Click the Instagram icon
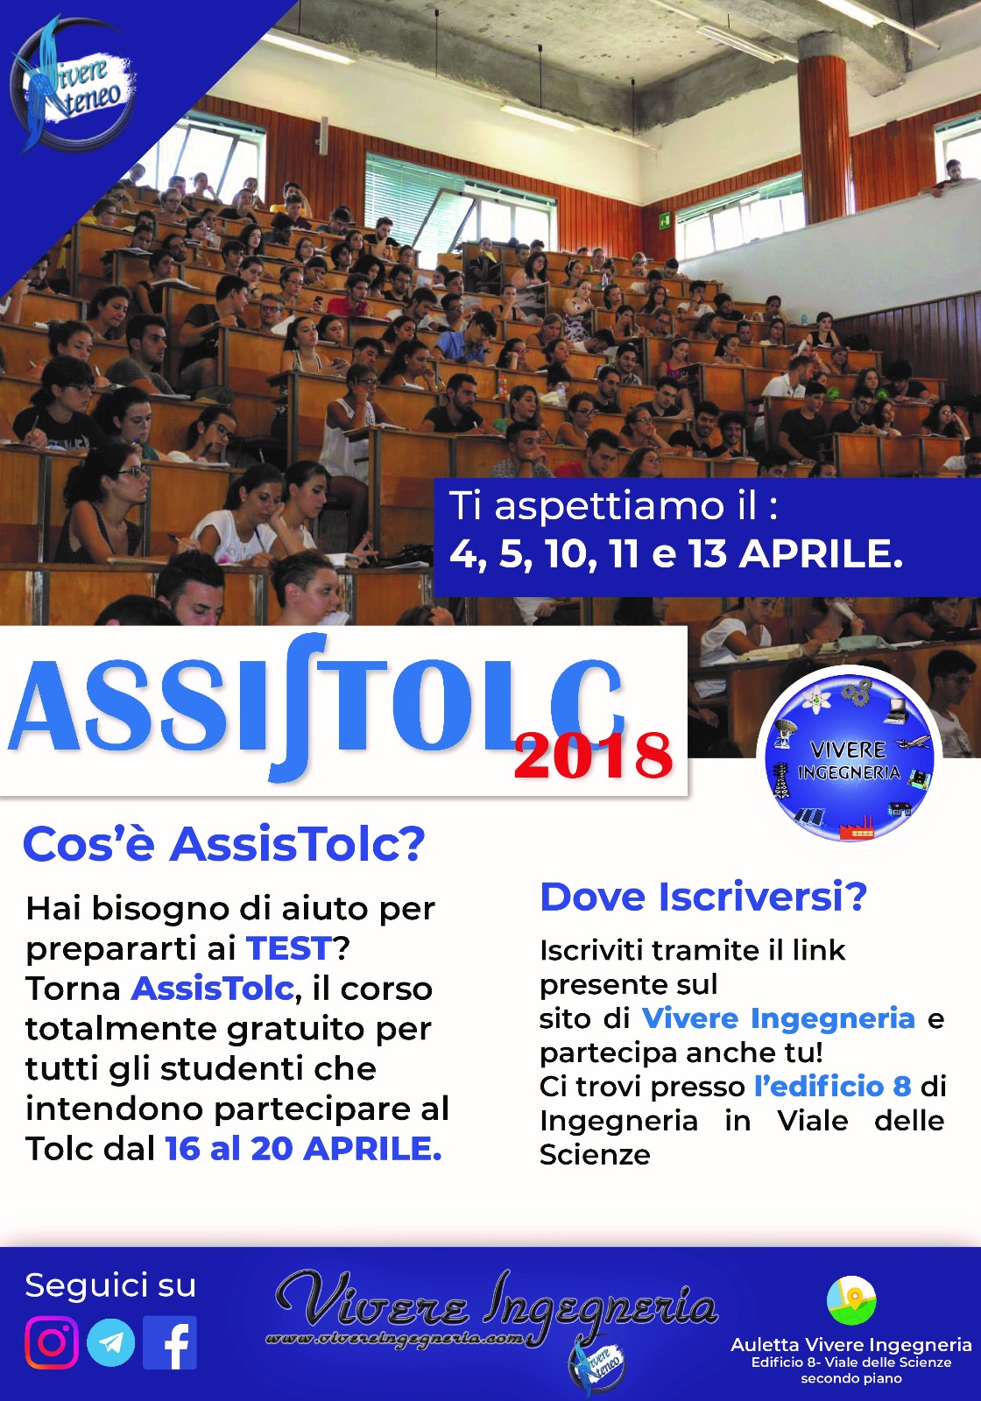52,1341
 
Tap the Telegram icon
110,1342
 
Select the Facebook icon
170,1342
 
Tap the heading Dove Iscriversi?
703,897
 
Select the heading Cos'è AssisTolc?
224,845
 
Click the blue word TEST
288,948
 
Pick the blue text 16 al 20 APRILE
303,1149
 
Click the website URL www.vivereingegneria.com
394,1337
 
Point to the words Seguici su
110,1285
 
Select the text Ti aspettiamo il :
613,505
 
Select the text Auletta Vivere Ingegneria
850,1345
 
